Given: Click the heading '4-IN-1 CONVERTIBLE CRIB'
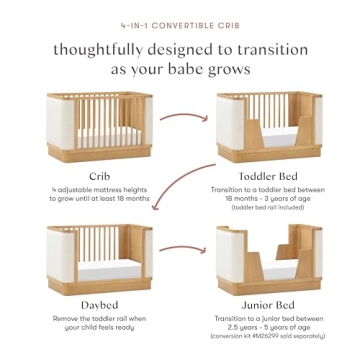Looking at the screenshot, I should click(x=180, y=17).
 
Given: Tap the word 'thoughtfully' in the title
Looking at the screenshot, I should click(x=102, y=47).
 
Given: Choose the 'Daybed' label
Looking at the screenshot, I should click(x=99, y=301).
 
